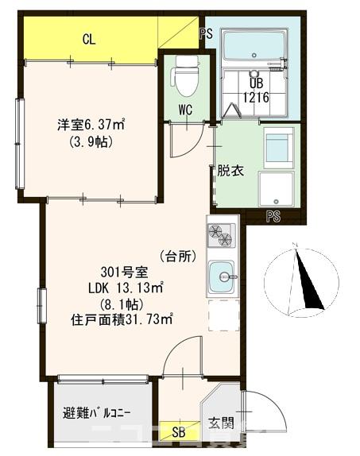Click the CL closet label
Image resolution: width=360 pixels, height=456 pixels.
coord(88,38)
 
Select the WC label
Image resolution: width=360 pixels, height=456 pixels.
coord(184,109)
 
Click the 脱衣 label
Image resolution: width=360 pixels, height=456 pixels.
coord(230,170)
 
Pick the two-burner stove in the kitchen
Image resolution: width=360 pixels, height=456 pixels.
coord(222,235)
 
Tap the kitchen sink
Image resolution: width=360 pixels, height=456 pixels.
coord(222,277)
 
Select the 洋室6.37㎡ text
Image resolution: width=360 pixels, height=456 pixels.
coord(91,124)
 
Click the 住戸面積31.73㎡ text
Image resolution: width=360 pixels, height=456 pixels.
coord(122,319)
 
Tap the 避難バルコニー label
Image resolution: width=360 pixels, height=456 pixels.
coord(96,414)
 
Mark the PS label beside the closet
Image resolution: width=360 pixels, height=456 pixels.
coord(206,33)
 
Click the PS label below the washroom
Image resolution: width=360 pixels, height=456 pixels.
coord(273,215)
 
